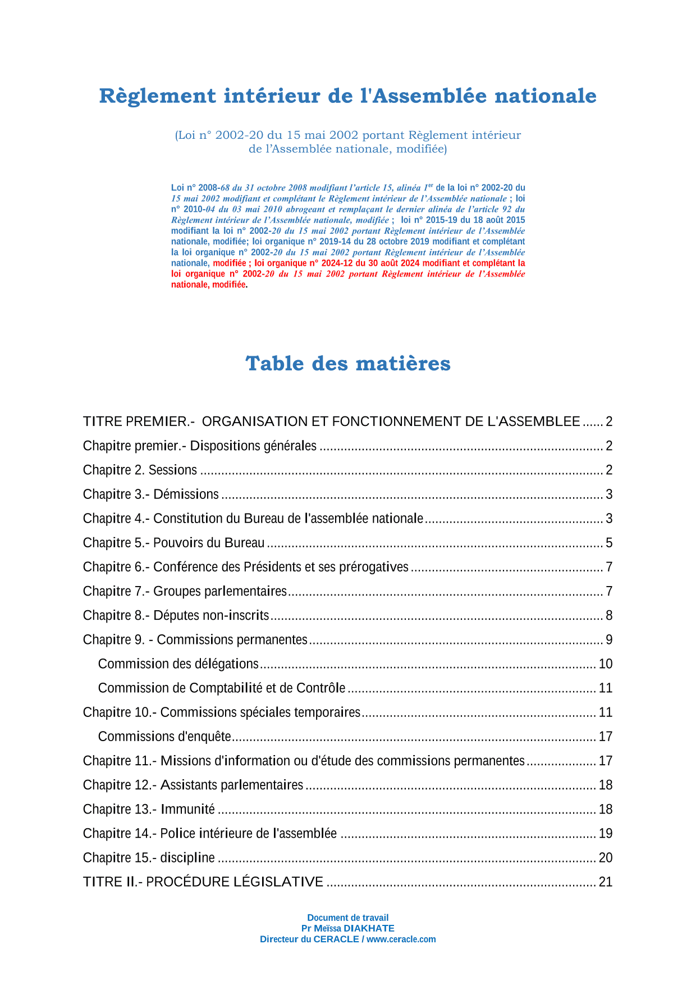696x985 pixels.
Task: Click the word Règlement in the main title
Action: click(157, 96)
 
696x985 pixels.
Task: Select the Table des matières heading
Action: click(348, 364)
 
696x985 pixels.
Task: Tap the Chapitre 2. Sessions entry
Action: click(140, 470)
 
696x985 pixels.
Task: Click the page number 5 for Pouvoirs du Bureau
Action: click(609, 543)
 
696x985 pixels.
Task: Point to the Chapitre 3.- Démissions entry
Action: click(151, 494)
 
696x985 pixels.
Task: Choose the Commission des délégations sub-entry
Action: click(178, 664)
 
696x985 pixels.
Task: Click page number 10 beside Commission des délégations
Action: click(606, 664)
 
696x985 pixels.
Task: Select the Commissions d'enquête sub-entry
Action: click(164, 737)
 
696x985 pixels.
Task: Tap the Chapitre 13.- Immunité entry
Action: click(149, 809)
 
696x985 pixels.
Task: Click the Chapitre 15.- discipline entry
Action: click(149, 858)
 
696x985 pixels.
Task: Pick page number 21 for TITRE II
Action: click(606, 882)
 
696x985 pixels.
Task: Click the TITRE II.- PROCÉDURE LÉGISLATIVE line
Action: click(203, 882)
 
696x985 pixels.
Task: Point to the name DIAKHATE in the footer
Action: click(369, 928)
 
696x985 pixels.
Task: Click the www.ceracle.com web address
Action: click(401, 939)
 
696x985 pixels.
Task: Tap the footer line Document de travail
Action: click(348, 918)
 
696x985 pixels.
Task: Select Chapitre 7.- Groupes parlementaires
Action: click(185, 592)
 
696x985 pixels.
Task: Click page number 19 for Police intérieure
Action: click(606, 834)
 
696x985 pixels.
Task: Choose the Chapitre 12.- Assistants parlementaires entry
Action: click(193, 785)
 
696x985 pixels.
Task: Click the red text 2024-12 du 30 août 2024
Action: click(370, 263)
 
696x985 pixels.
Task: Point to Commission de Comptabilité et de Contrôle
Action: click(222, 688)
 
